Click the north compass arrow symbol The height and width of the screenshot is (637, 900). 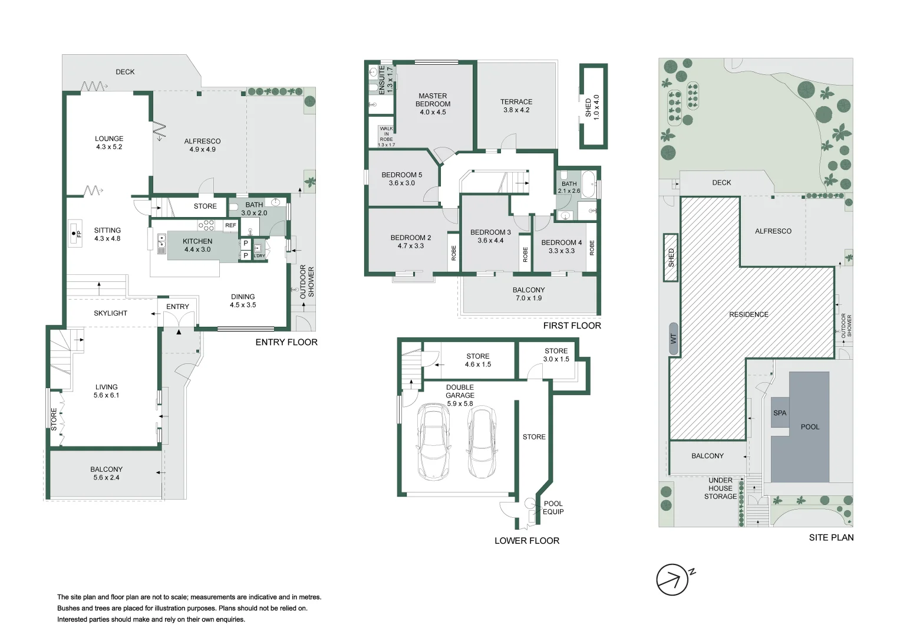click(672, 580)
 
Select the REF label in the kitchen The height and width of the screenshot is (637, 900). click(230, 225)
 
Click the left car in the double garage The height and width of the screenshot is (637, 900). click(433, 441)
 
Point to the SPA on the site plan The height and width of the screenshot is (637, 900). click(779, 413)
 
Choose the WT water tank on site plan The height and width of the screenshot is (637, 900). click(673, 339)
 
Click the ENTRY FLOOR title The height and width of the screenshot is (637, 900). click(286, 342)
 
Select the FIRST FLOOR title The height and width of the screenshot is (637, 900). click(572, 326)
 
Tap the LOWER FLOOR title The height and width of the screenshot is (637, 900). click(526, 541)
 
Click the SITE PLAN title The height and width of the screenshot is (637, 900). click(830, 537)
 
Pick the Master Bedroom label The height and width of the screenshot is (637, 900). click(433, 104)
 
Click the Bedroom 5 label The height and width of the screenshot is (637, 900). click(401, 179)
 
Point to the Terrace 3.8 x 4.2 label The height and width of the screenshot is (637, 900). click(516, 106)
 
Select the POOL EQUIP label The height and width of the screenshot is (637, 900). click(553, 508)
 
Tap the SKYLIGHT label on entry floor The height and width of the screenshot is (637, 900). click(110, 313)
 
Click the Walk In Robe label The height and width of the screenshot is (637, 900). click(386, 136)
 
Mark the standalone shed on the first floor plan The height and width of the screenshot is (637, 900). click(593, 106)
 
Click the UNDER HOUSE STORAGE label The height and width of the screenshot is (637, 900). click(720, 488)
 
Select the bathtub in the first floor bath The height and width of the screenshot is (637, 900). click(588, 179)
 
